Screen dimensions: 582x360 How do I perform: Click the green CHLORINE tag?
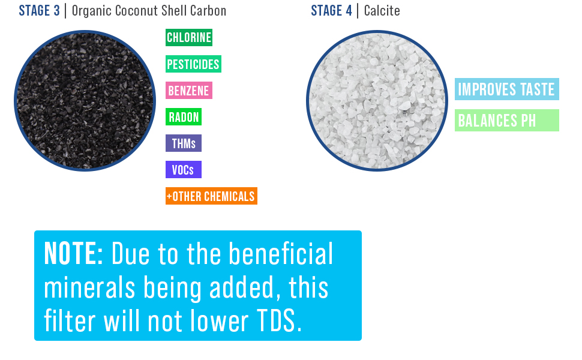coord(189,37)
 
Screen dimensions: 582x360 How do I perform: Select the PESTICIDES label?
coord(193,64)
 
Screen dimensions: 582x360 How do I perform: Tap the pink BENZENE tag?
coord(189,90)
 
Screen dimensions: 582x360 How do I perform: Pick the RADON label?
coord(184,116)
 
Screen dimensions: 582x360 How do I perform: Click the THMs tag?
coord(184,143)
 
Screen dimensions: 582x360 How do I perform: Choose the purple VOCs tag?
coord(184,169)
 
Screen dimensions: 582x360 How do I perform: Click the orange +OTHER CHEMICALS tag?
coord(211,196)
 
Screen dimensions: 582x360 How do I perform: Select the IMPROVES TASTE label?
coord(506,89)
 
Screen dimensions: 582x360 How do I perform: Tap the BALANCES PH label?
coord(506,120)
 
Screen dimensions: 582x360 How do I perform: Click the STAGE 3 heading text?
coord(40,11)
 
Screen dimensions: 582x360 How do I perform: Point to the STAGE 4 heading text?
coord(331,11)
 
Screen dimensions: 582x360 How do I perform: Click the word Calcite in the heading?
coord(382,11)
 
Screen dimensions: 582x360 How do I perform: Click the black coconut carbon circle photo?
coord(85,101)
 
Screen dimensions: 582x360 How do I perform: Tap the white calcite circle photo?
coord(377,101)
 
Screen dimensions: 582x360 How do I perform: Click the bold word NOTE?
coord(73,254)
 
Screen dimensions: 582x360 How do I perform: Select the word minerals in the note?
coord(89,287)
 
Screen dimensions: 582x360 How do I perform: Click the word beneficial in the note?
coord(281,254)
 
